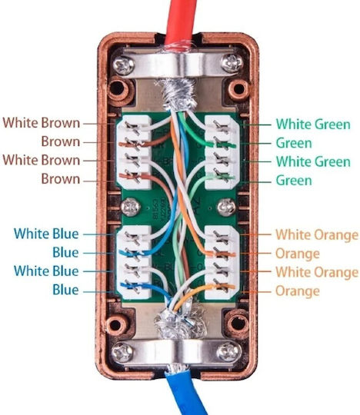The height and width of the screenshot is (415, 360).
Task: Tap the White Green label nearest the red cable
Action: (x=313, y=124)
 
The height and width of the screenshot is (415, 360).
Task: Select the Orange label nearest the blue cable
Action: (x=298, y=290)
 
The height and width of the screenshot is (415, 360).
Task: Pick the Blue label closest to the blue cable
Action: (x=65, y=289)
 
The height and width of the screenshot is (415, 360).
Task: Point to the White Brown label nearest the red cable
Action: (x=42, y=123)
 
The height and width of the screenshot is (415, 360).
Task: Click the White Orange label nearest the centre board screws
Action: (x=317, y=234)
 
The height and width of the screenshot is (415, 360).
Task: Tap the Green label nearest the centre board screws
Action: (x=294, y=181)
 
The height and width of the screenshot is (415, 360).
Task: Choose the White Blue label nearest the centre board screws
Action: (x=46, y=234)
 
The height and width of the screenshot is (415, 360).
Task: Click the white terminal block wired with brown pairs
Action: (x=134, y=152)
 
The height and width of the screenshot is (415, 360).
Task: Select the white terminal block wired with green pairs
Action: (x=222, y=152)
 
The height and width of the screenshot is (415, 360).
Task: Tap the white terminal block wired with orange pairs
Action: (x=222, y=262)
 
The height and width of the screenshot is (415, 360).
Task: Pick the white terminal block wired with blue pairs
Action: (x=134, y=262)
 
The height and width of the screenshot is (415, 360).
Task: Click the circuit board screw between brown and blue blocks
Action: (x=130, y=207)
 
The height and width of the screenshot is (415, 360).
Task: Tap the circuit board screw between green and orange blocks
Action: (x=226, y=207)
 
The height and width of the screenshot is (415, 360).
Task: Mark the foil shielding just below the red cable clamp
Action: (x=178, y=94)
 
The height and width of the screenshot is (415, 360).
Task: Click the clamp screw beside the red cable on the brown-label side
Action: (x=124, y=65)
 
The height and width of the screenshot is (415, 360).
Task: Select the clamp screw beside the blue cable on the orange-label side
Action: (x=229, y=353)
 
